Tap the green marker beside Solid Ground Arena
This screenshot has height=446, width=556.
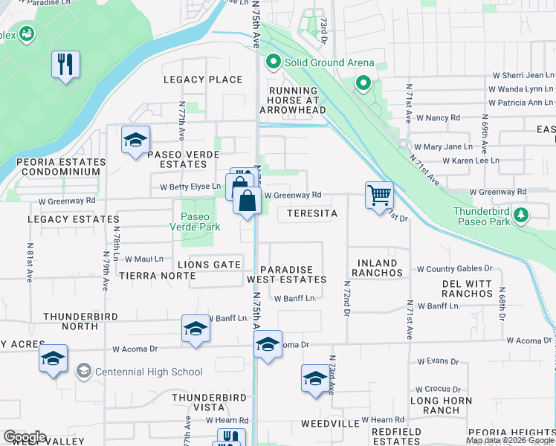tap(273, 62)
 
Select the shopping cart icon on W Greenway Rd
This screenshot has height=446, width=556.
tap(379, 195)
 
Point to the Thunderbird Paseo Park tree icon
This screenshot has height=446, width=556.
tap(522, 215)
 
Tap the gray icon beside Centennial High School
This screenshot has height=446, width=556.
tap(85, 371)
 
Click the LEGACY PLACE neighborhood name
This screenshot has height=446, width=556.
tap(204, 80)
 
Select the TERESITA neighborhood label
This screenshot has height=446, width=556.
tap(308, 213)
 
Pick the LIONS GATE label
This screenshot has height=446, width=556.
tap(209, 265)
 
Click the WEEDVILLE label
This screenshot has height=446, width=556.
tap(331, 423)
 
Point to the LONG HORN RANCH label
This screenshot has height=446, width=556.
tap(446, 405)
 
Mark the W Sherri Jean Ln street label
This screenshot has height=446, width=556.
tap(524, 75)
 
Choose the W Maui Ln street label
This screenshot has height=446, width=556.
tap(143, 259)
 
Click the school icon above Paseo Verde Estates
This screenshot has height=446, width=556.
tap(136, 140)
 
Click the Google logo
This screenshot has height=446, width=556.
tap(25, 437)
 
